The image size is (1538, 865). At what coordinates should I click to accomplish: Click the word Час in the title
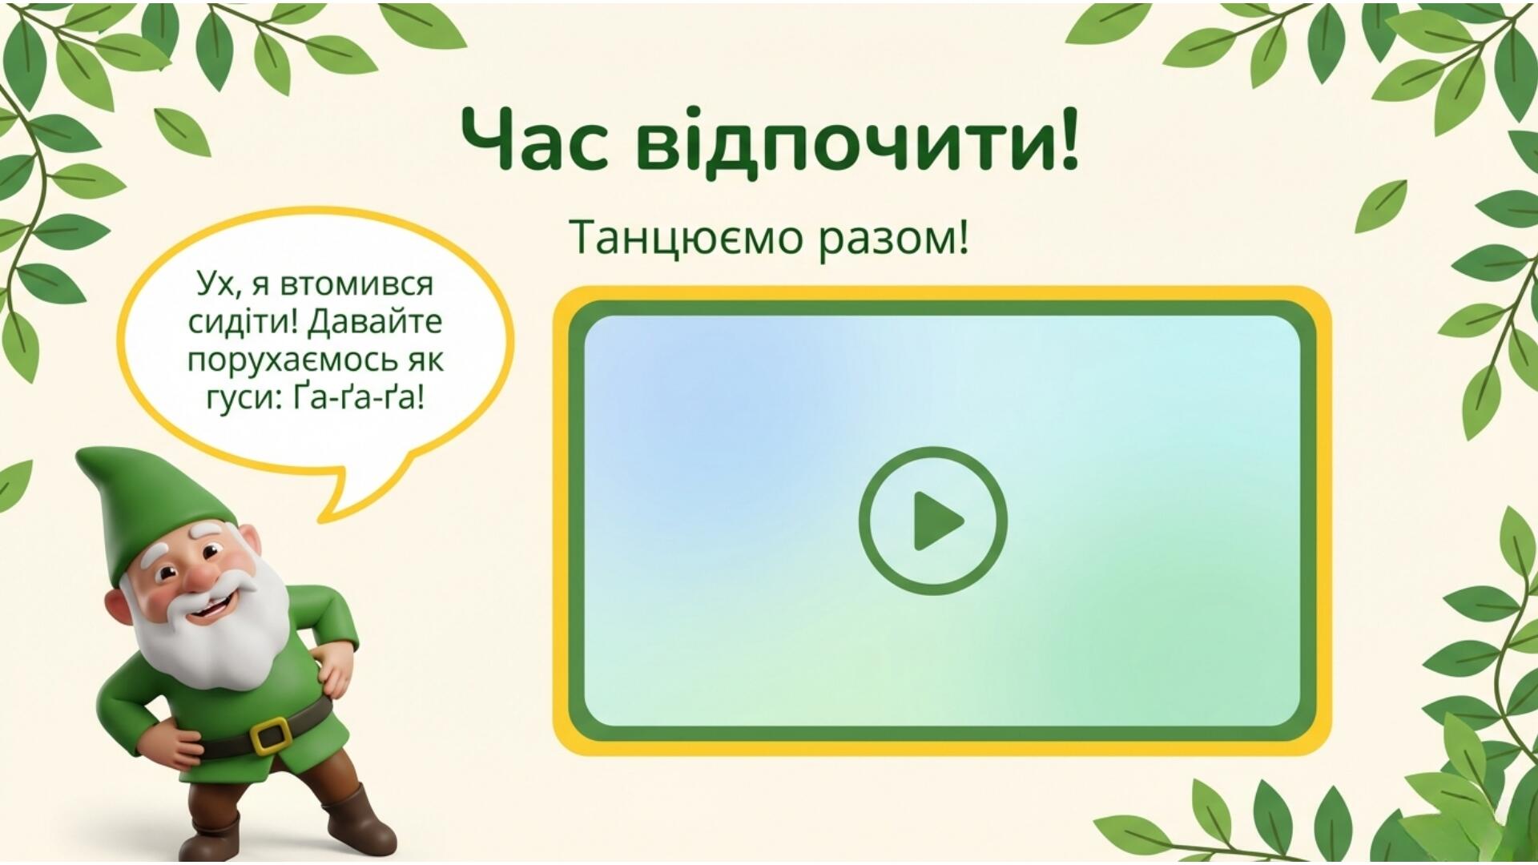535,141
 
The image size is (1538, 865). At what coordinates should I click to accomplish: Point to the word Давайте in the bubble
375,322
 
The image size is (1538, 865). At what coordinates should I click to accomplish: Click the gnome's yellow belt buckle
272,734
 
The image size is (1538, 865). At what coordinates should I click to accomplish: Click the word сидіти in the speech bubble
243,322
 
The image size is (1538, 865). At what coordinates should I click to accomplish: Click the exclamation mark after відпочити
1069,138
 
